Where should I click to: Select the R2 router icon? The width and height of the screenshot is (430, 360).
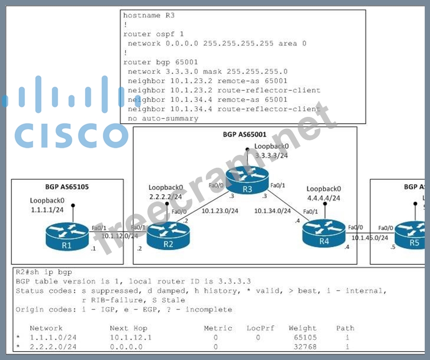(167, 235)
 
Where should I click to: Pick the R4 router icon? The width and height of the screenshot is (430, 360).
(324, 233)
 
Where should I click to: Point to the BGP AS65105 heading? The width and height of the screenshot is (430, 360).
(67, 187)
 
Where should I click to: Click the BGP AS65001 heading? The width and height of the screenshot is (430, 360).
(245, 135)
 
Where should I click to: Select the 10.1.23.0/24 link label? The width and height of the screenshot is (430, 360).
(220, 211)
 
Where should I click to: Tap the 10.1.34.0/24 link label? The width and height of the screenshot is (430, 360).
(272, 211)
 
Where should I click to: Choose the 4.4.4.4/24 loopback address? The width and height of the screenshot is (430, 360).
(324, 197)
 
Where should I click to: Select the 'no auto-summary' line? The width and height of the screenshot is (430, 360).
(163, 118)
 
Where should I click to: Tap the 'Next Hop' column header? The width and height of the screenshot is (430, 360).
(128, 328)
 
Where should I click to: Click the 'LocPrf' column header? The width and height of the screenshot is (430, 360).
(260, 328)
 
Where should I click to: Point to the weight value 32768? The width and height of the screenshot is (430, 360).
(302, 346)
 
